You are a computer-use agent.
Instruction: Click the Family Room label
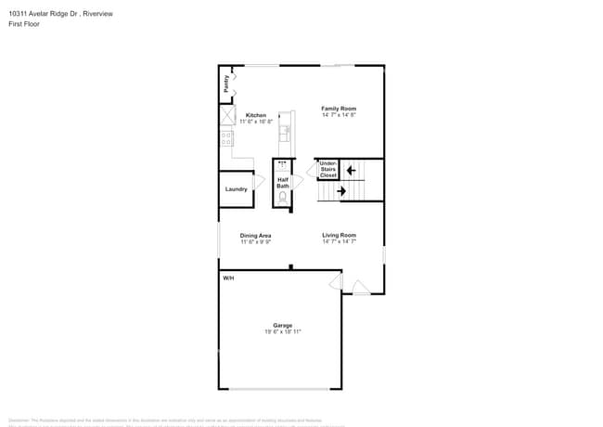tap(339, 109)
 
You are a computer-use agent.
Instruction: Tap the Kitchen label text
tap(255, 115)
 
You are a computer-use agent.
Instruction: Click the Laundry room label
tap(236, 189)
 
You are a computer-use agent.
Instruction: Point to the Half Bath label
tap(283, 183)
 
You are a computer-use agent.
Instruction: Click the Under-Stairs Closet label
tap(327, 169)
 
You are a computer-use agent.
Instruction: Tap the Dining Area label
tap(255, 236)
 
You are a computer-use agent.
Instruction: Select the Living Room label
tap(339, 236)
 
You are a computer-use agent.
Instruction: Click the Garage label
tap(282, 325)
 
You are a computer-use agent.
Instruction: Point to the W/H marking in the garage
tap(227, 278)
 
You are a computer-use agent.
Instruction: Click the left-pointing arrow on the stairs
tap(351, 170)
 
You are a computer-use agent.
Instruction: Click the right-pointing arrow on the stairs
tap(341, 191)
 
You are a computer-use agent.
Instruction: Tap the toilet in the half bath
tap(283, 198)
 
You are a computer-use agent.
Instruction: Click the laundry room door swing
tap(259, 180)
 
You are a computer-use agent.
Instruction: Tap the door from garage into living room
tap(336, 280)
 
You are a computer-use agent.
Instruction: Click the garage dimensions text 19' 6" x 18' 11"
tap(282, 331)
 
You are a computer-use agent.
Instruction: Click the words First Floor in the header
tap(24, 25)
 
